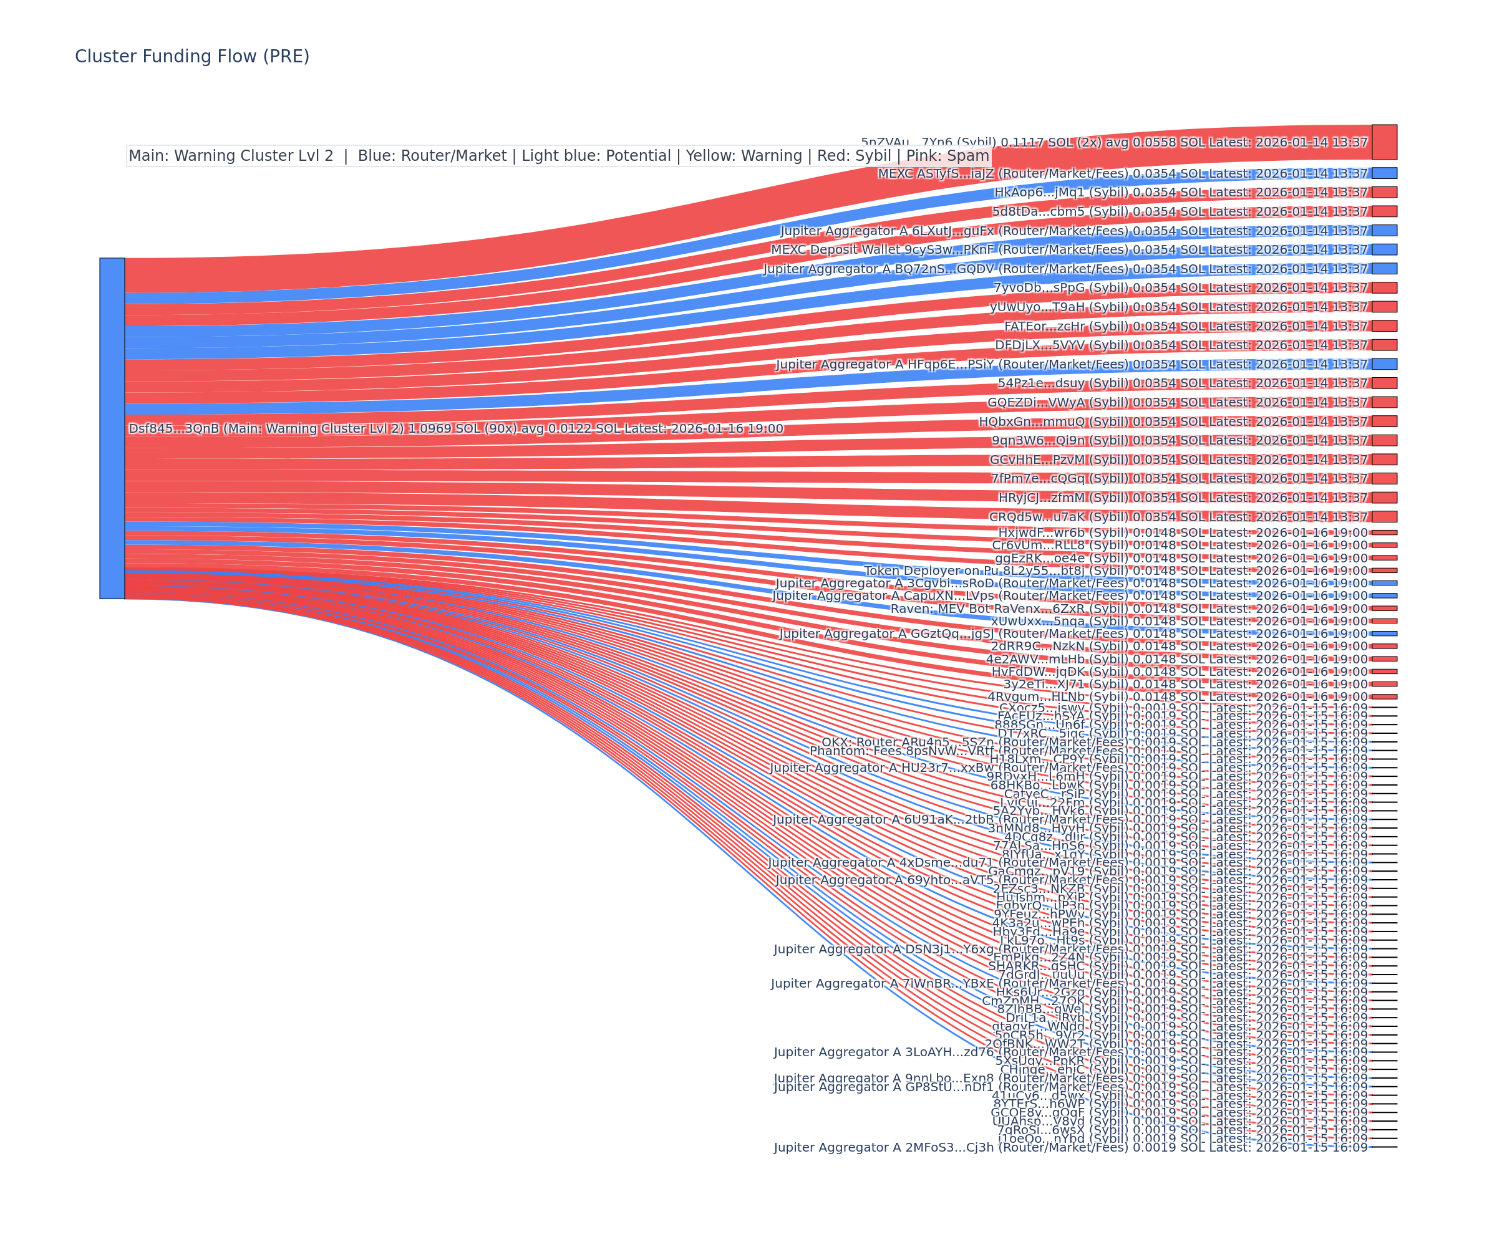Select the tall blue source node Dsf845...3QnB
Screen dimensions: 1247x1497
(112, 428)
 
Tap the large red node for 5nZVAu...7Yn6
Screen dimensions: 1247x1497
(1383, 142)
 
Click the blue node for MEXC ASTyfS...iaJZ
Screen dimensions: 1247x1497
(1383, 173)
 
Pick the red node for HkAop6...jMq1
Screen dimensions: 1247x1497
(1383, 193)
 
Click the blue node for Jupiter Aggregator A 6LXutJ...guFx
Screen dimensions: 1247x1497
(1383, 230)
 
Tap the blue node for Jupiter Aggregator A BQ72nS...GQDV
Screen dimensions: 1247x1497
(1383, 269)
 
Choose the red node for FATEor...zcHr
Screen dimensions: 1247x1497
(1383, 325)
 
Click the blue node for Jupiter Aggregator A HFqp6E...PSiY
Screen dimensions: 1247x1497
(1383, 364)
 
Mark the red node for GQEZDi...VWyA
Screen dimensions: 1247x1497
(1383, 402)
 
